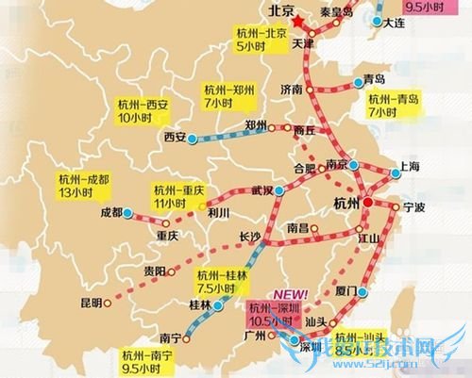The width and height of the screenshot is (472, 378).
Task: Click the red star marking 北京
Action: click(300, 21)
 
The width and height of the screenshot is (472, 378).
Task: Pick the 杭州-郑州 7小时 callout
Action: click(230, 95)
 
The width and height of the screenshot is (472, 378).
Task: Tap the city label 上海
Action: click(409, 165)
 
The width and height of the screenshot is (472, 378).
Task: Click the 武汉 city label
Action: click(261, 190)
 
